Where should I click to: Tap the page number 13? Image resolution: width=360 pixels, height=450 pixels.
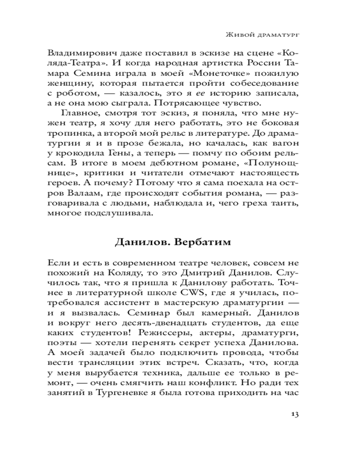[295, 414]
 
